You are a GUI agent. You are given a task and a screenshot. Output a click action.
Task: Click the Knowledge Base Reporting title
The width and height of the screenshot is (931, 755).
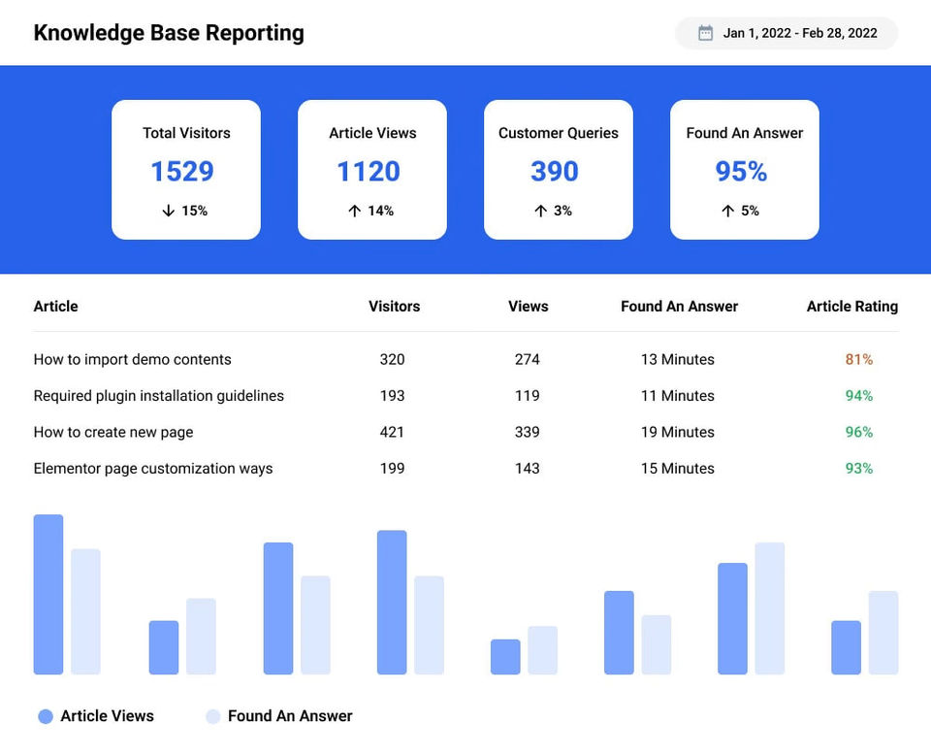(169, 33)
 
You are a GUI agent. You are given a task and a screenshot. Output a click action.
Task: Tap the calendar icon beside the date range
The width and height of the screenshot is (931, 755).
(706, 33)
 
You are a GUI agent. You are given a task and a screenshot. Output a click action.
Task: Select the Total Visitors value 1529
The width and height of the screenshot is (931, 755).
(182, 172)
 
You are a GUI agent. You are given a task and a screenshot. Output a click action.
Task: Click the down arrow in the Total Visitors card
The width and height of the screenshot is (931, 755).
(169, 211)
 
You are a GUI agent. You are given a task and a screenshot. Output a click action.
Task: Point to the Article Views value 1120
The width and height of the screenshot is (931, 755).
(369, 172)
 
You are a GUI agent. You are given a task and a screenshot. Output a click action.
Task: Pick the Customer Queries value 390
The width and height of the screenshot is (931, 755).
(555, 172)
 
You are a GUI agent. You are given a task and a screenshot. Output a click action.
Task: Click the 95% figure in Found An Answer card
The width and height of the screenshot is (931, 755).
(742, 172)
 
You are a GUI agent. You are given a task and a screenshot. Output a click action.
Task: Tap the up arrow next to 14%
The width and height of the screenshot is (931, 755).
(354, 211)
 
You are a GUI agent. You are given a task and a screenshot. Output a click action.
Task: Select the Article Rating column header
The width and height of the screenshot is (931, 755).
(852, 307)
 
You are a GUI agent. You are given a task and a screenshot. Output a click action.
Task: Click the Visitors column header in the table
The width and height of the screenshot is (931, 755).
(395, 307)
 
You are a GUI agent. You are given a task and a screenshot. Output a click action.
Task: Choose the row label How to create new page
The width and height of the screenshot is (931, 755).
(113, 432)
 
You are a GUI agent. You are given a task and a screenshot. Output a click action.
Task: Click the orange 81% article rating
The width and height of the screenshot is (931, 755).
(859, 359)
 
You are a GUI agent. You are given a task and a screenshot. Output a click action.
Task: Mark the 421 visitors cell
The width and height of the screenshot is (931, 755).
(392, 432)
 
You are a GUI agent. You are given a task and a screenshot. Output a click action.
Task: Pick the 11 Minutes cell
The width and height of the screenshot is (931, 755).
(678, 396)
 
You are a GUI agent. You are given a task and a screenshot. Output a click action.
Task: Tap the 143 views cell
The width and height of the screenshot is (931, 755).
(528, 469)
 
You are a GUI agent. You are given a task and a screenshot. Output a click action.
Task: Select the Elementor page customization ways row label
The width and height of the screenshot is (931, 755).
(153, 469)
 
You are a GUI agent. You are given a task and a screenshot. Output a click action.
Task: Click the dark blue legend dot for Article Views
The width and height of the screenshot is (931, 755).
(46, 716)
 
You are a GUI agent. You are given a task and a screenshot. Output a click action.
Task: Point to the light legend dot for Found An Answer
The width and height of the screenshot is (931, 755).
(213, 716)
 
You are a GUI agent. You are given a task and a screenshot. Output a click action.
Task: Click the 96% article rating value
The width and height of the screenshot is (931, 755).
(859, 432)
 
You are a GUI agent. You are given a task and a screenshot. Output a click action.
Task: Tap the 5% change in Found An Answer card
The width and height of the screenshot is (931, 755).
(750, 211)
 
